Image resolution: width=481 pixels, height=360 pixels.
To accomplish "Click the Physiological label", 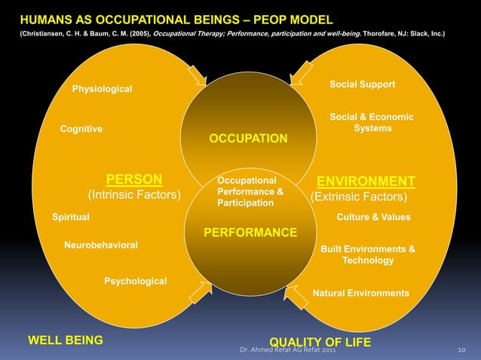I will coord(102,90).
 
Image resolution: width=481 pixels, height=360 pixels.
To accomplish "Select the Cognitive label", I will coord(81,129).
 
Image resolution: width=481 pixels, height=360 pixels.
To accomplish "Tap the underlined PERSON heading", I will coord(134,179).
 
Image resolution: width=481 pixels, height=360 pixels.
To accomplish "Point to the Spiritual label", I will coord(70,217).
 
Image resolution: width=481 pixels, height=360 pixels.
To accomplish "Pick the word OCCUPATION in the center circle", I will coord(248,139).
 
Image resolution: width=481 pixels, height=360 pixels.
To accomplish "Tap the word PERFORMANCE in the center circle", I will coord(250,232).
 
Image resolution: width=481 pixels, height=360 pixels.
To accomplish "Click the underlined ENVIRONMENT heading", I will coord(366,182).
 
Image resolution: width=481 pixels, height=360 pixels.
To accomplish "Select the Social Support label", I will coord(362,84).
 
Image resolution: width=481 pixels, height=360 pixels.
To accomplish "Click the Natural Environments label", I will coord(360,293).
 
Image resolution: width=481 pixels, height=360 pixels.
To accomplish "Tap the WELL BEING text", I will coord(66,340).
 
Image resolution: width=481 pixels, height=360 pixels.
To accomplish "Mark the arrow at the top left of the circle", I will coord(198,75).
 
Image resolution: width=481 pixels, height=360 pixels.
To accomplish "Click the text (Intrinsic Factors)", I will coord(134,196).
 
